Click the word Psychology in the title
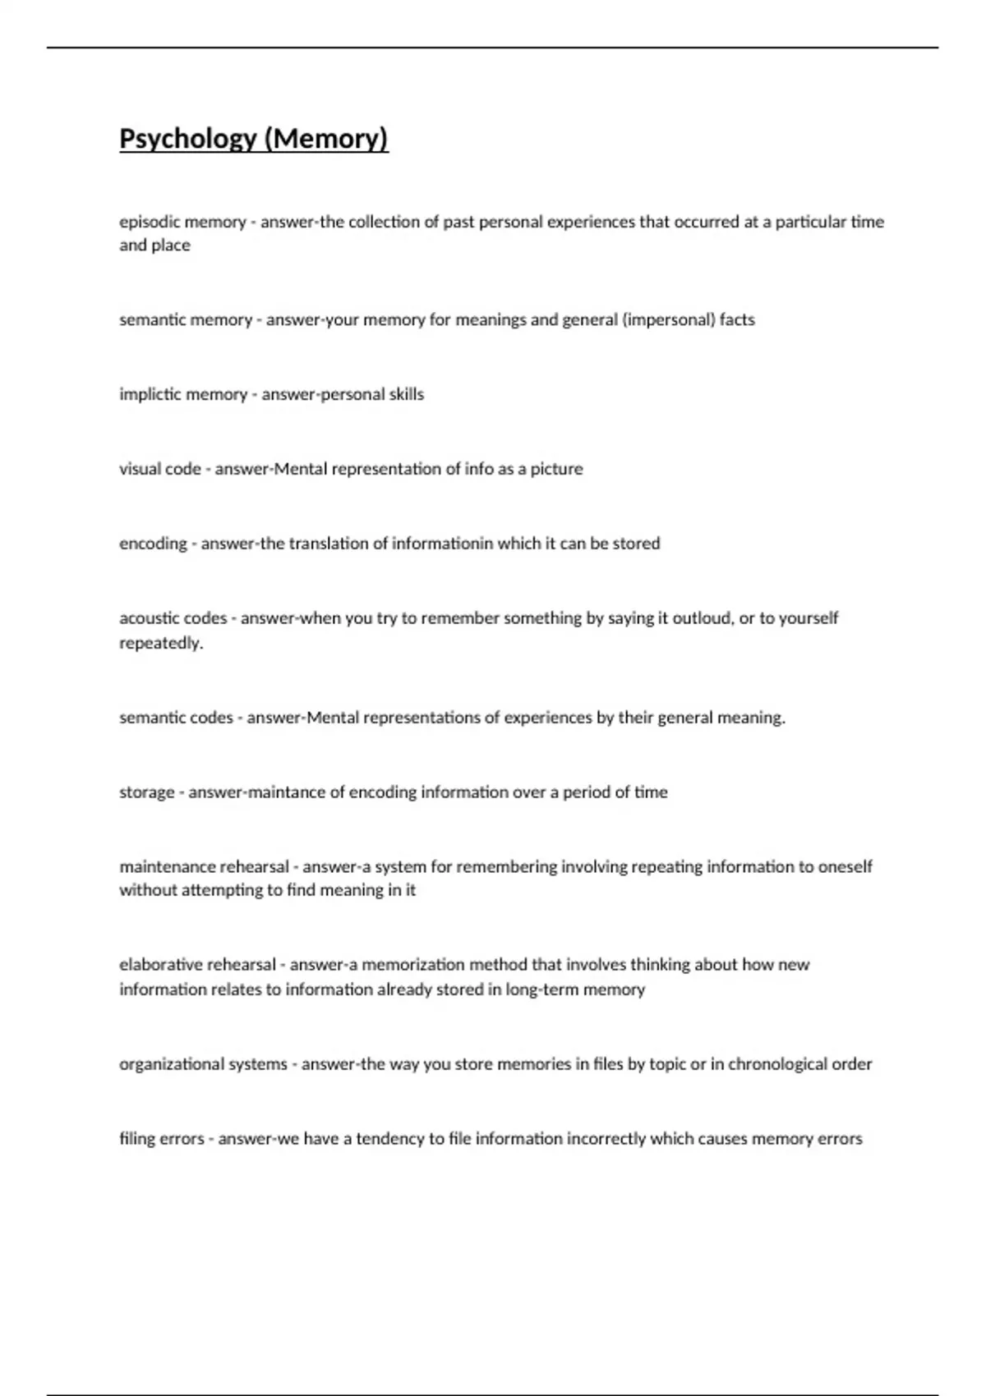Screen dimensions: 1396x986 coord(188,139)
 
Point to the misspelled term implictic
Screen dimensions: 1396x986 coord(150,394)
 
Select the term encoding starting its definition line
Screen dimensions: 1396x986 coord(153,544)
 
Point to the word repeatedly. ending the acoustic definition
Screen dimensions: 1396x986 coord(161,643)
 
